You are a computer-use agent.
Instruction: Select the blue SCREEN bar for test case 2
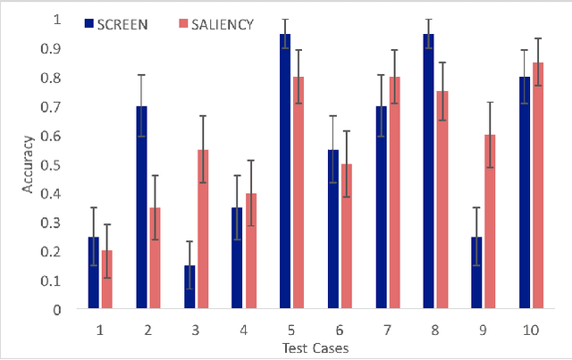point(141,207)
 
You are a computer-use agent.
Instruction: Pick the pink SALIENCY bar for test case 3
point(203,230)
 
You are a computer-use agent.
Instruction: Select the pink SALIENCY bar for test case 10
point(538,186)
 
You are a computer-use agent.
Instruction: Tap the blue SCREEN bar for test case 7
point(382,207)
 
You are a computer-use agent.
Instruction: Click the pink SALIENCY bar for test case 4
point(251,251)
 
